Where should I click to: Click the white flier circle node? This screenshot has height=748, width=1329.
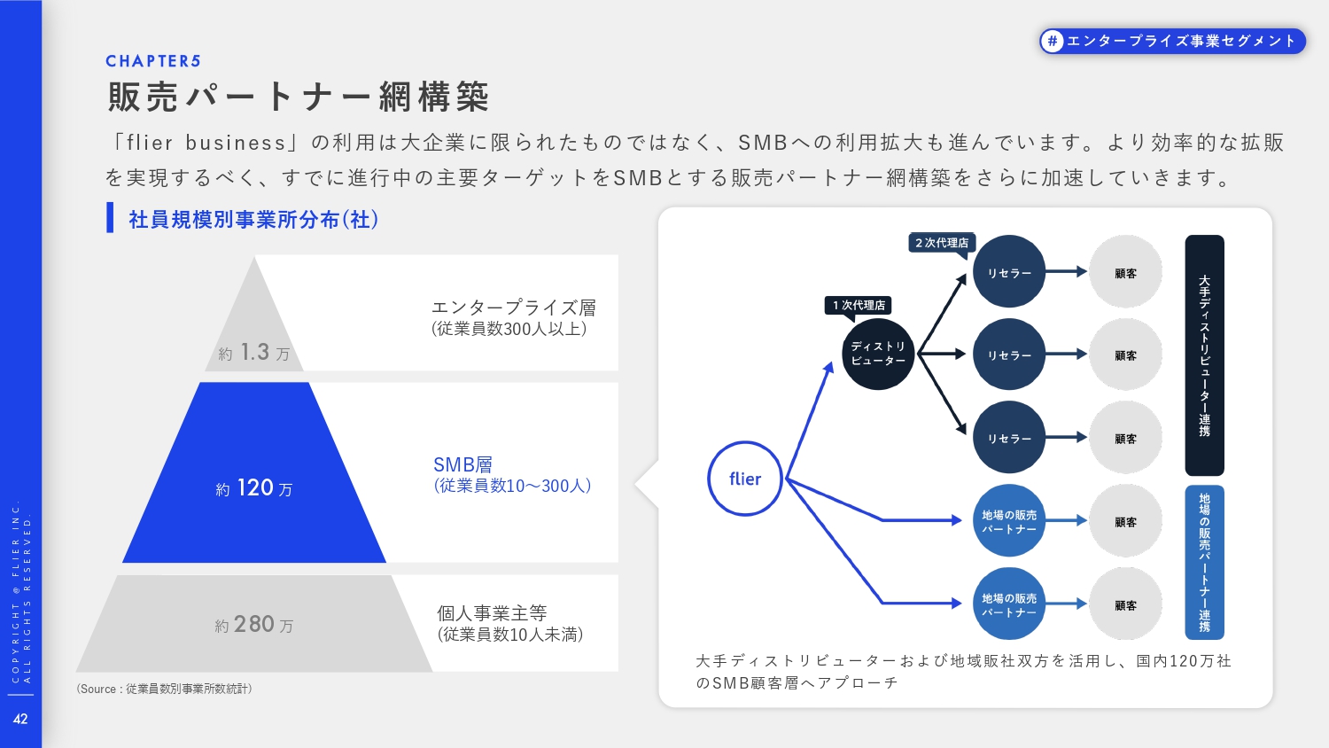[x=745, y=479]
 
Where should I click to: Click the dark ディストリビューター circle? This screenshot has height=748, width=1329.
[x=877, y=354]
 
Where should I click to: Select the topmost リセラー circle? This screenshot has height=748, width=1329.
[x=1009, y=272]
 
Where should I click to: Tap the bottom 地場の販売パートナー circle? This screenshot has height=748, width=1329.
[x=1009, y=604]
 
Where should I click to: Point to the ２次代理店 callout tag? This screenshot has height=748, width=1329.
[x=942, y=242]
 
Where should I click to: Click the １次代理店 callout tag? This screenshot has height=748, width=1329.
[x=858, y=305]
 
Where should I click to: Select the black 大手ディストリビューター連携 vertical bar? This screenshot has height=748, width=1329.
[x=1204, y=355]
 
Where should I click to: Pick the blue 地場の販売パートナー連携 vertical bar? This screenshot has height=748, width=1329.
[x=1204, y=562]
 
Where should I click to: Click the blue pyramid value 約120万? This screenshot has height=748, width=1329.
[x=254, y=487]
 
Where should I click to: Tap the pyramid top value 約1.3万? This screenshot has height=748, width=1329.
[x=254, y=353]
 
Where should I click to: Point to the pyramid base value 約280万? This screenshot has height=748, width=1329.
[x=254, y=625]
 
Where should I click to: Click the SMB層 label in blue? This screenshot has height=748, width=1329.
[x=462, y=464]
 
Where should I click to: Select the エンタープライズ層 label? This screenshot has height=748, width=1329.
[x=513, y=308]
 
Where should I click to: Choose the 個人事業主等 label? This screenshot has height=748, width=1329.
[x=492, y=613]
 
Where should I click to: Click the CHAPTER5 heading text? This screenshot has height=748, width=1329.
[x=153, y=61]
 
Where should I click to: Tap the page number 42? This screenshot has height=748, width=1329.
[x=20, y=719]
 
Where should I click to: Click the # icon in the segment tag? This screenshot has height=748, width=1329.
[x=1052, y=41]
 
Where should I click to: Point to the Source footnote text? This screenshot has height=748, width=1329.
[x=164, y=689]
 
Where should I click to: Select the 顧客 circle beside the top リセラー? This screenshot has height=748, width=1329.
[x=1125, y=272]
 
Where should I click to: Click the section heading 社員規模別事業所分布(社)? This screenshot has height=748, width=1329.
[x=253, y=219]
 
